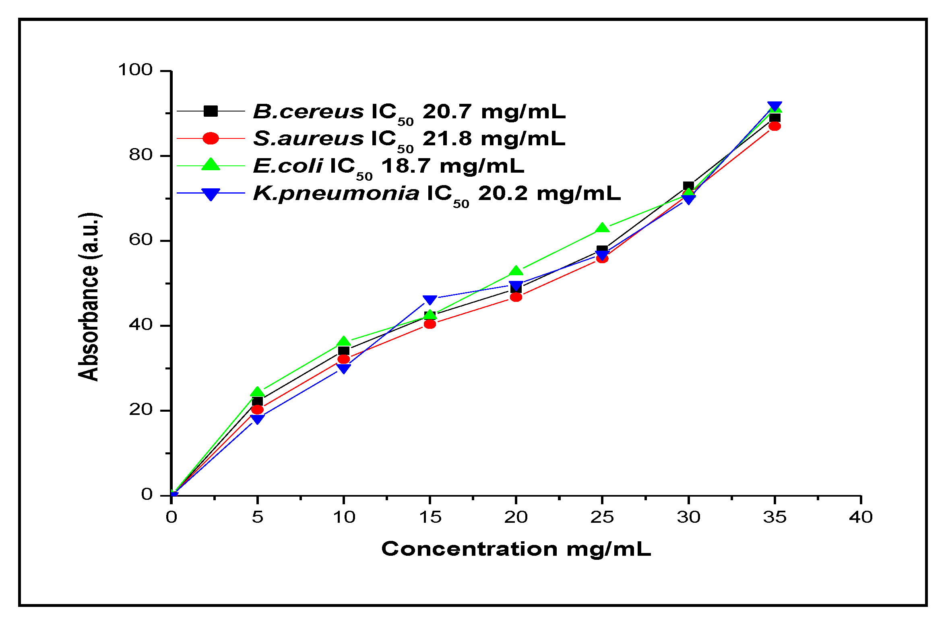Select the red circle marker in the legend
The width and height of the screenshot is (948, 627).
pos(211,138)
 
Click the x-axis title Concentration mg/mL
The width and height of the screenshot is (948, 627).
pos(516,549)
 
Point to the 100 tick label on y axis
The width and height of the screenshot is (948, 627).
pos(135,70)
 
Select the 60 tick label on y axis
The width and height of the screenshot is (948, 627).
pos(140,240)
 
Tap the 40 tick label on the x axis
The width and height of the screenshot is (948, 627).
pos(861,517)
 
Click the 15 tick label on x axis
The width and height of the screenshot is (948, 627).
pos(430,517)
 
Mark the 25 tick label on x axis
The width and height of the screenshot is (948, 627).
pos(602,517)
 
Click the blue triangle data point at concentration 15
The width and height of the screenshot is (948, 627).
pos(430,300)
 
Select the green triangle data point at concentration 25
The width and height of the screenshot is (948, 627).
pos(602,228)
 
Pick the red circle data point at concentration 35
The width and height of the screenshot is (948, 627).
pos(775,126)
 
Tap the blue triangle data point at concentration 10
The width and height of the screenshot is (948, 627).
pos(343,368)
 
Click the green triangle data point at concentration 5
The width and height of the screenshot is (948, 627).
pos(258,392)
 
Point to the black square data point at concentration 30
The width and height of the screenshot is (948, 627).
pos(688,186)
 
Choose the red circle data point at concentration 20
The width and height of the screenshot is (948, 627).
pos(516,297)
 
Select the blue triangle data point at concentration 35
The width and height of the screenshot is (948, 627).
pos(775,107)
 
